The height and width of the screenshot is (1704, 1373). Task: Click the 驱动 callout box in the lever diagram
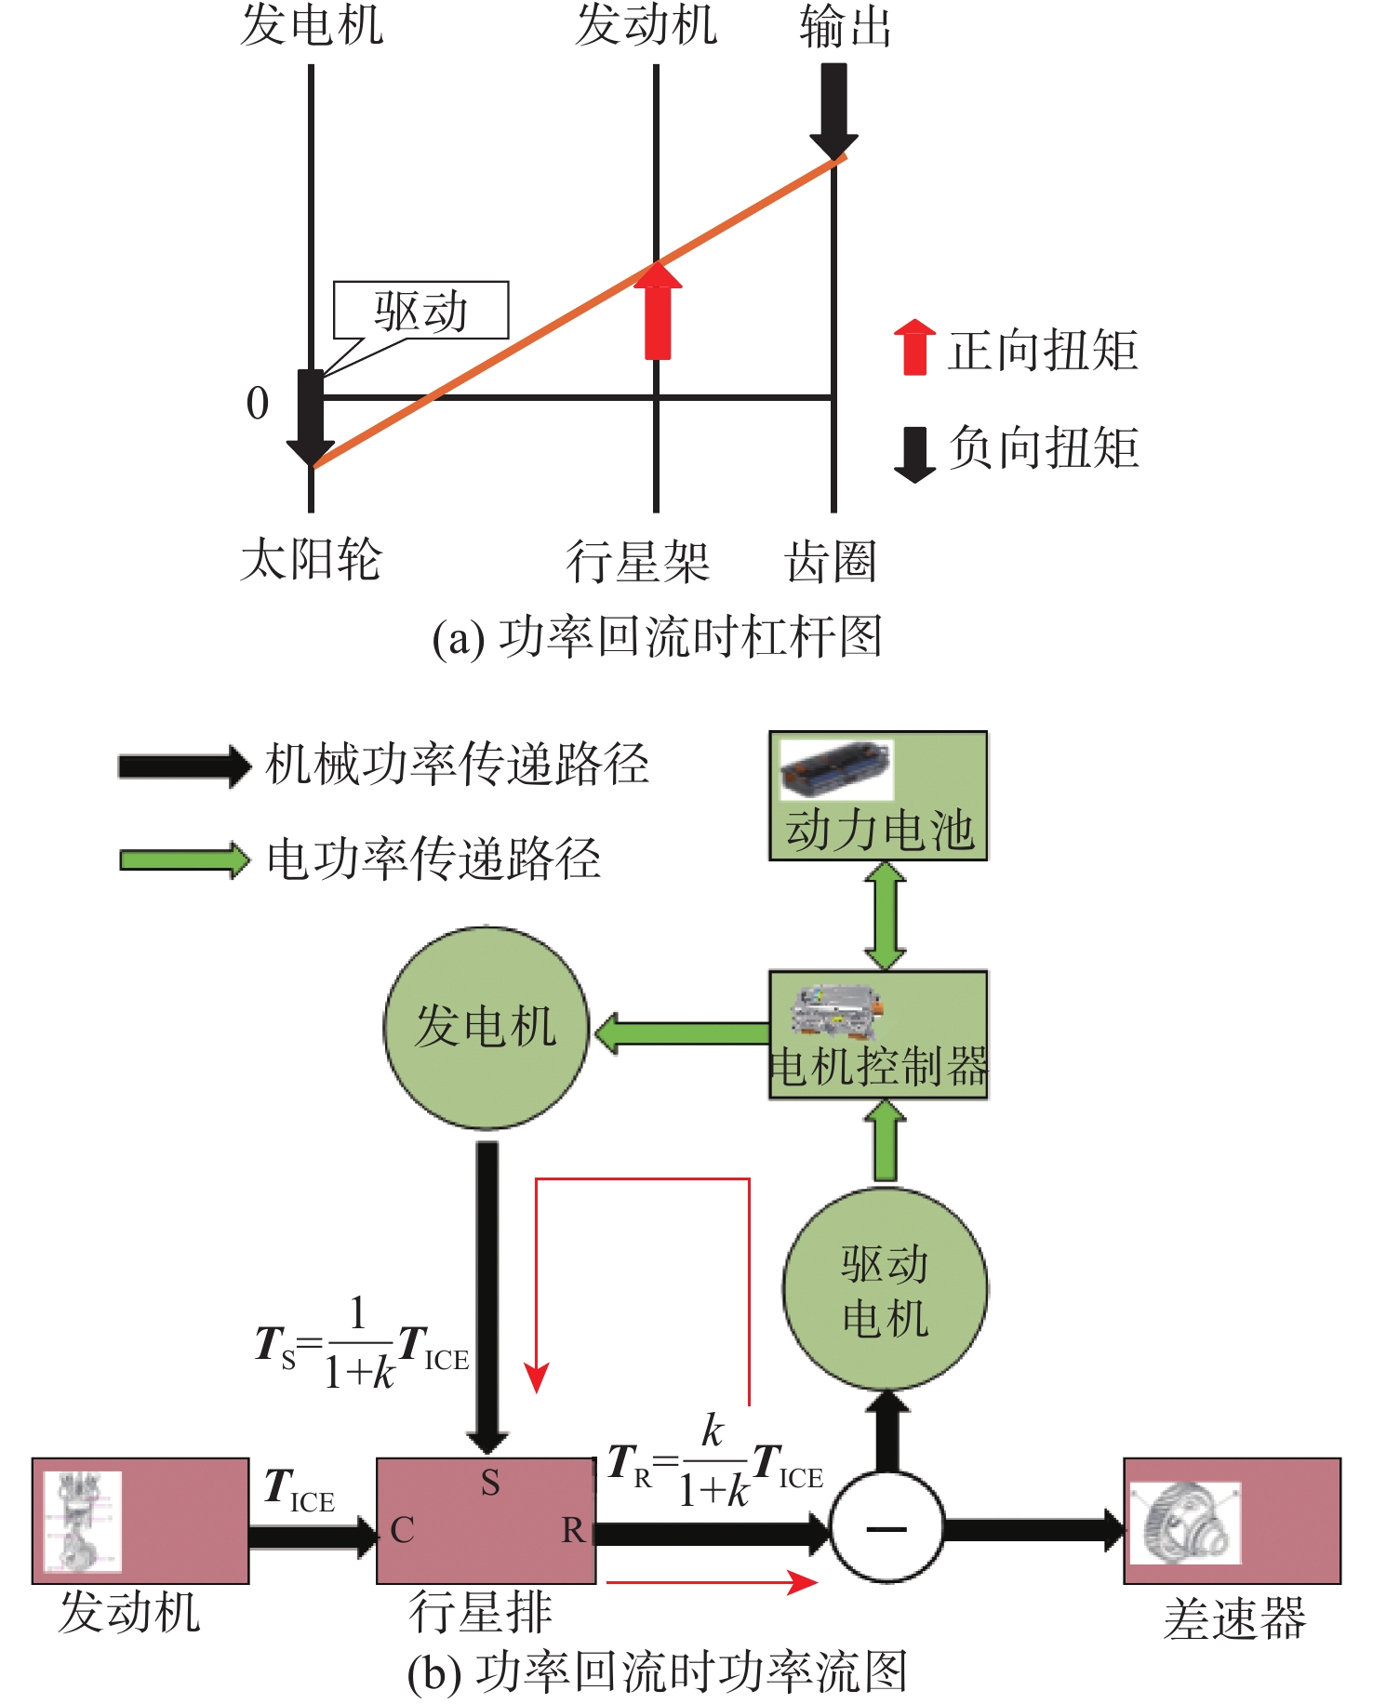pyautogui.click(x=420, y=311)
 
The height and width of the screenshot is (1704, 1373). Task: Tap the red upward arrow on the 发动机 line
pyautogui.click(x=658, y=312)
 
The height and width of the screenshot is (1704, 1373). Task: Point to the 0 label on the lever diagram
pyautogui.click(x=258, y=404)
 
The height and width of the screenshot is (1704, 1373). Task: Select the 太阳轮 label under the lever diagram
pyautogui.click(x=311, y=560)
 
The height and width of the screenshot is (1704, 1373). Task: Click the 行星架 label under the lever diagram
pyautogui.click(x=638, y=562)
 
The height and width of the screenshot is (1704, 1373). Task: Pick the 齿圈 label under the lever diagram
pyautogui.click(x=831, y=562)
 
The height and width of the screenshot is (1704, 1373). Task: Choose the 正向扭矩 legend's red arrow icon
pyautogui.click(x=914, y=347)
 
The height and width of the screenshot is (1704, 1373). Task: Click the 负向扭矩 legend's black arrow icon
pyautogui.click(x=914, y=454)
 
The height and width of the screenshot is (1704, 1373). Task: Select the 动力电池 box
pyautogui.click(x=877, y=796)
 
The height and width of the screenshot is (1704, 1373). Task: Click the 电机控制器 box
pyautogui.click(x=877, y=1035)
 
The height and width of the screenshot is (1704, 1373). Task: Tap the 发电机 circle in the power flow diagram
pyautogui.click(x=487, y=1028)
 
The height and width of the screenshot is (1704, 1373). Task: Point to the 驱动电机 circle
pyautogui.click(x=885, y=1289)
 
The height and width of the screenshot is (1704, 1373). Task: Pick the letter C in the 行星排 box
pyautogui.click(x=402, y=1530)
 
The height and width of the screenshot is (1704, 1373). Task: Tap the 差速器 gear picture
pyautogui.click(x=1184, y=1523)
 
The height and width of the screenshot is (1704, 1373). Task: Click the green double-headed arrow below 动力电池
pyautogui.click(x=885, y=916)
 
